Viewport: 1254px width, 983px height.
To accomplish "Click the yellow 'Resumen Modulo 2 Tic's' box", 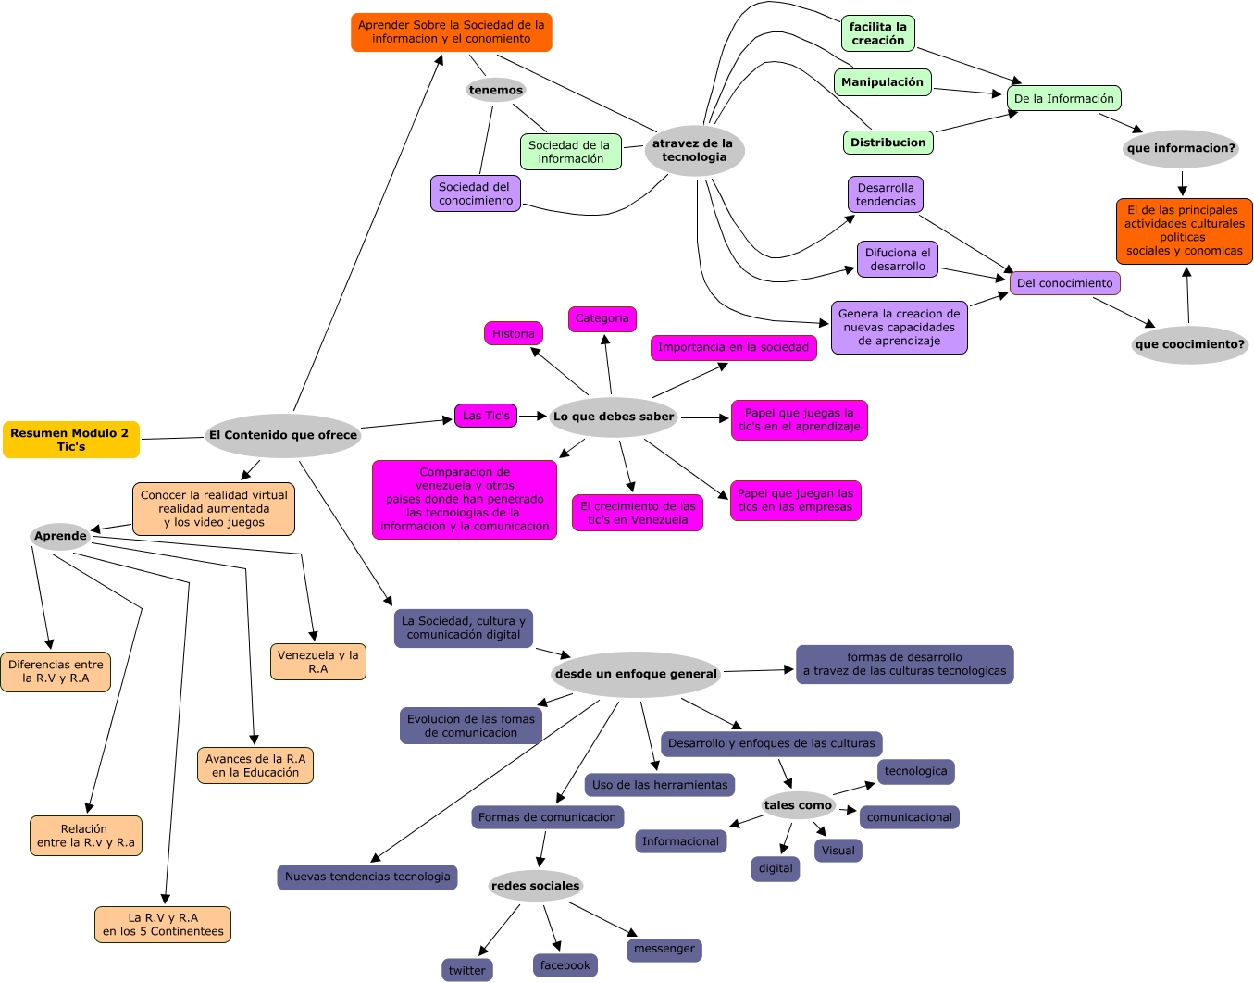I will (x=71, y=440).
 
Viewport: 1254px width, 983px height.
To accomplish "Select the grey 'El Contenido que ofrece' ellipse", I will (x=282, y=435).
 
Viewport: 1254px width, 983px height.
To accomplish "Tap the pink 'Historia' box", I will (x=513, y=333).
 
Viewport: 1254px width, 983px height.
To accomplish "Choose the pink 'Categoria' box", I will (x=602, y=318).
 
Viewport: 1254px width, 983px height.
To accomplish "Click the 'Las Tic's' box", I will (x=485, y=416).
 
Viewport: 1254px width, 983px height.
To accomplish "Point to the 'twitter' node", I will (x=466, y=970).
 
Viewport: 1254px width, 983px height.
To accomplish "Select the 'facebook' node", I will (x=565, y=965).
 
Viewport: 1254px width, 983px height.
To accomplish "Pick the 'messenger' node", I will (x=664, y=949).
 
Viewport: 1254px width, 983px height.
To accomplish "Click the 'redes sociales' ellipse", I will (x=535, y=886).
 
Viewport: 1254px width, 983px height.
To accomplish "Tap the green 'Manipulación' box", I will (x=882, y=82).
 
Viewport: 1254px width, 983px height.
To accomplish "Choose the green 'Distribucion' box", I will (x=888, y=143).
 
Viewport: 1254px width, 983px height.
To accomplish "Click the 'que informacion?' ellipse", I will (x=1180, y=148).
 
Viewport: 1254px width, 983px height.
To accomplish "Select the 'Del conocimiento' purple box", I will (x=1064, y=283).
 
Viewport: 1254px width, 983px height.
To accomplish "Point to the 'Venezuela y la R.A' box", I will (x=317, y=662).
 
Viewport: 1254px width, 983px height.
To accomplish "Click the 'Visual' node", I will (x=838, y=851).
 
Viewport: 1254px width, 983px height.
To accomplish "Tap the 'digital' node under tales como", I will (x=775, y=868).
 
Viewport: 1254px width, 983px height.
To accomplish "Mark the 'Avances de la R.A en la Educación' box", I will (x=255, y=765).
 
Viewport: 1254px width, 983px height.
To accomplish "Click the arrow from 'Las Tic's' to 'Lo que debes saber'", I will (x=533, y=416).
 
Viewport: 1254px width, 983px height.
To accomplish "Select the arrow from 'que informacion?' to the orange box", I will (x=1182, y=183).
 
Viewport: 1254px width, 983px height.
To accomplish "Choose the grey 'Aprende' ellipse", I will (x=60, y=536).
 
